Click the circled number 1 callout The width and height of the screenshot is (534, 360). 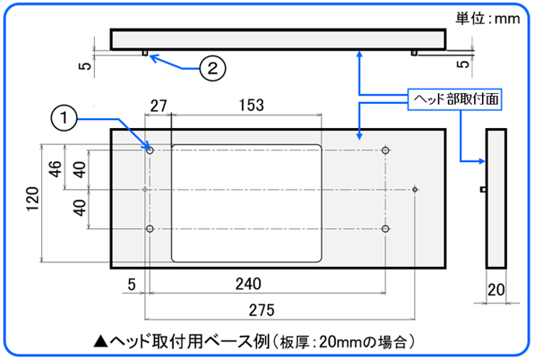[x=64, y=118]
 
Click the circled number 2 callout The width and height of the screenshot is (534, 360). [x=212, y=67]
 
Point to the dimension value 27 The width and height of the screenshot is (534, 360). [x=159, y=105]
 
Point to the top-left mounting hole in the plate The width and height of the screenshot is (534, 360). [x=150, y=149]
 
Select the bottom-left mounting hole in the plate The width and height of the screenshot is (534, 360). [x=150, y=229]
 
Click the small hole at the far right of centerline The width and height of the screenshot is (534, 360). [x=417, y=189]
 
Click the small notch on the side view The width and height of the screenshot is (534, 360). [x=483, y=189]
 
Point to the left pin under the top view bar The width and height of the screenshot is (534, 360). [x=145, y=52]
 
